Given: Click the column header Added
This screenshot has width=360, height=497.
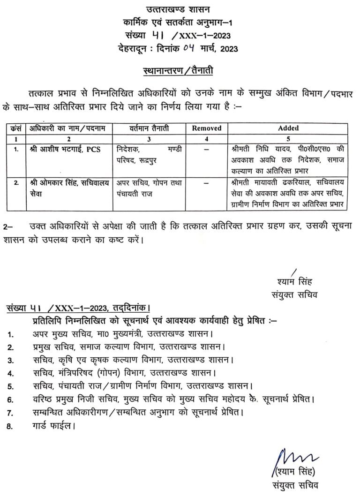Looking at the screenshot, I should (288, 128).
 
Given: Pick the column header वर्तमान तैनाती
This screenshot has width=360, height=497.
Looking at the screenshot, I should (150, 128).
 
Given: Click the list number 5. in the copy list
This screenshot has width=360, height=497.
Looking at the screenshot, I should (10, 387).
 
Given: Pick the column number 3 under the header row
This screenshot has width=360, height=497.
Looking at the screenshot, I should (150, 139).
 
